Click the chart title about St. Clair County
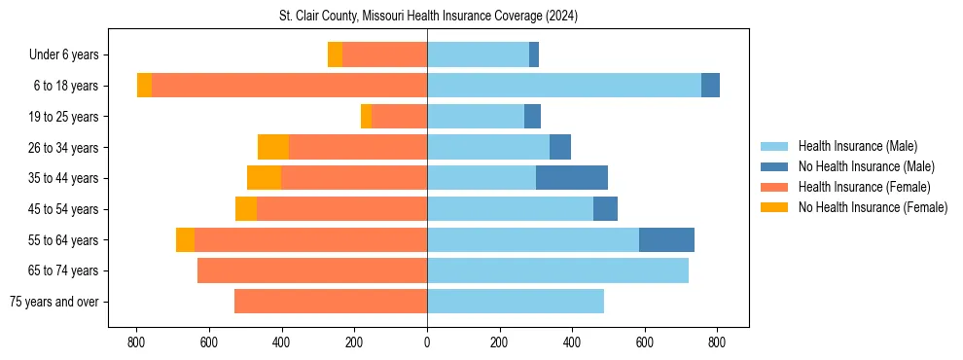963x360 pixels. pyautogui.click(x=427, y=17)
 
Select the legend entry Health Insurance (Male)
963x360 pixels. pyautogui.click(x=857, y=146)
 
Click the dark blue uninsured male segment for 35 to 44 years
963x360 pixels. pyautogui.click(x=572, y=178)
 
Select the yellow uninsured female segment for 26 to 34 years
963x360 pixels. pyautogui.click(x=273, y=147)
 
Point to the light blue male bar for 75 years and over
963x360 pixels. pyautogui.click(x=516, y=302)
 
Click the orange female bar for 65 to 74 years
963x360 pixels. pyautogui.click(x=312, y=270)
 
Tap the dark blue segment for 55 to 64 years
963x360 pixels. pyautogui.click(x=666, y=239)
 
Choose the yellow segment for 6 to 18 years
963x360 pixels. pyautogui.click(x=144, y=86)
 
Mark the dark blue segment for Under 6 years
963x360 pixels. pyautogui.click(x=534, y=54)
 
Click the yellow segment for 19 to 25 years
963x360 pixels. pyautogui.click(x=366, y=117)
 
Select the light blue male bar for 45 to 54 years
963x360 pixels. pyautogui.click(x=510, y=209)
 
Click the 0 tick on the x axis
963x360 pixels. pyautogui.click(x=427, y=342)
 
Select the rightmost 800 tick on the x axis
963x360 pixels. pyautogui.click(x=717, y=342)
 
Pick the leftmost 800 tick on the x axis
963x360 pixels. pyautogui.click(x=136, y=342)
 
